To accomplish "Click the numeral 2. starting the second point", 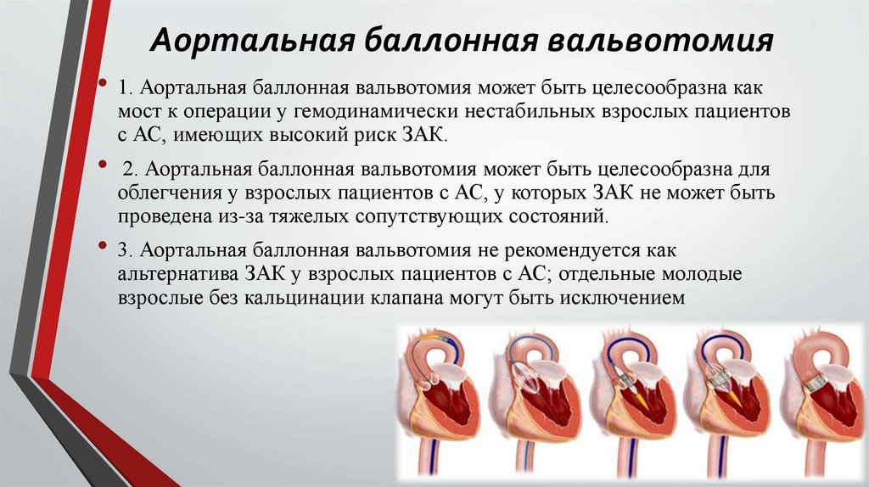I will pyautogui.click(x=130, y=171).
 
